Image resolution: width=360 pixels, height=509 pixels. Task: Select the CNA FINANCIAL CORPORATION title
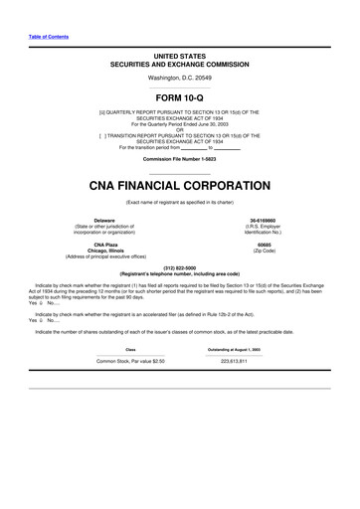(180, 184)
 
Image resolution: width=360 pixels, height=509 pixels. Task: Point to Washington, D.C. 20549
(180, 77)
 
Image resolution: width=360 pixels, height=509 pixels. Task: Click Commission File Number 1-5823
(180, 158)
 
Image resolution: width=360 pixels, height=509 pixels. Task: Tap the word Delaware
(104, 220)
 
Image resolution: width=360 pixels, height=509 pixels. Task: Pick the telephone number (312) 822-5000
(180, 266)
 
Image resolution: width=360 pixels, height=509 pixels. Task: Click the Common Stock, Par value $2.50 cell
(130, 361)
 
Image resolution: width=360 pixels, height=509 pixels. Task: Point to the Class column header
(130, 348)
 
